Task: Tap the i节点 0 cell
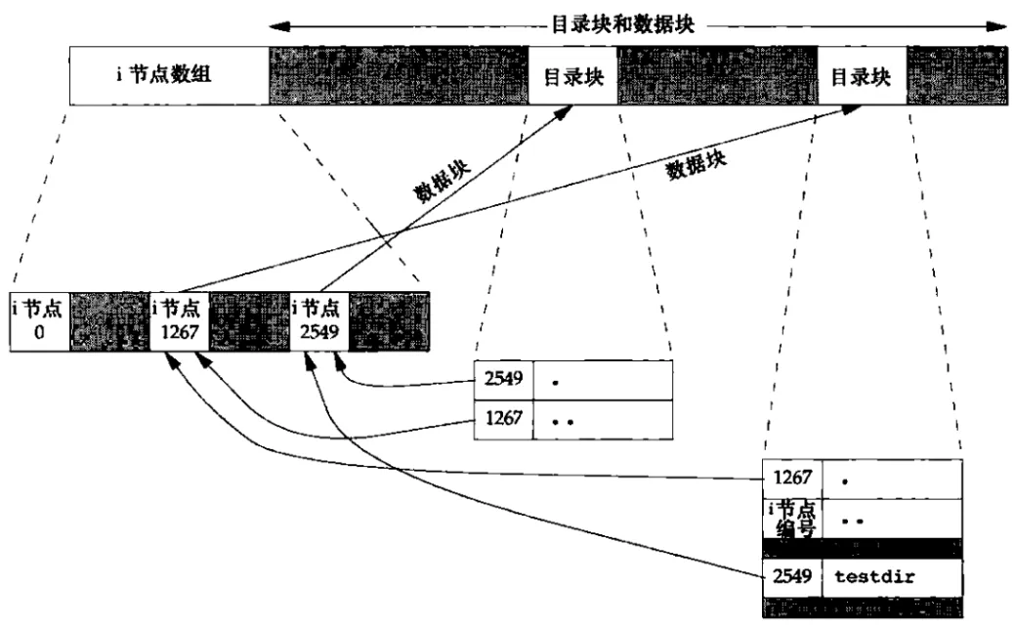(40, 320)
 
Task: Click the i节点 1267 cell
(180, 320)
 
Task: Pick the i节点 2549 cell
(319, 320)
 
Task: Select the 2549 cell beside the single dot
(503, 377)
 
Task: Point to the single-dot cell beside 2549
(603, 377)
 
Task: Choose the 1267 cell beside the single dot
(792, 480)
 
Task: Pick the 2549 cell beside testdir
(792, 576)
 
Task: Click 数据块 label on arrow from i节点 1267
(697, 164)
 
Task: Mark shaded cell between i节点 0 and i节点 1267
(109, 320)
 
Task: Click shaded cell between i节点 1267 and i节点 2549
(249, 320)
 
